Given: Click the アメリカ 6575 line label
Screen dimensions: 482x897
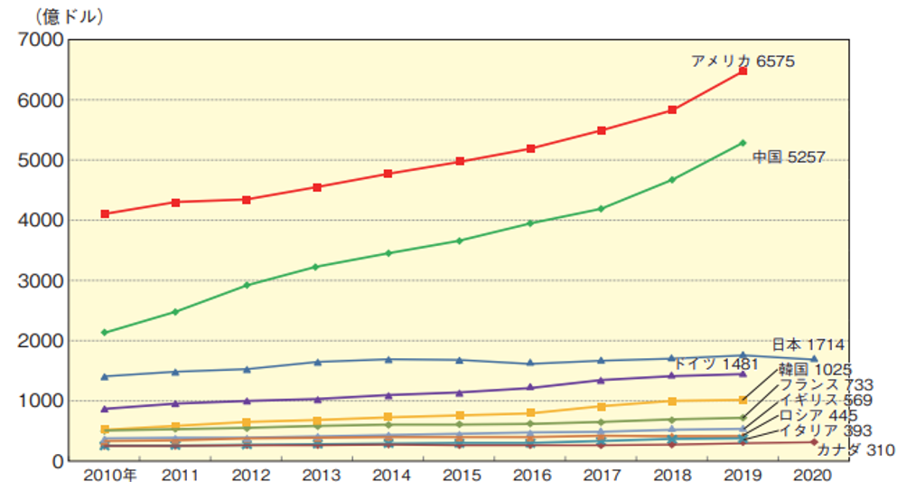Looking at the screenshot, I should point(743,61).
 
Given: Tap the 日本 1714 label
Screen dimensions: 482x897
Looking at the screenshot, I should point(808,345).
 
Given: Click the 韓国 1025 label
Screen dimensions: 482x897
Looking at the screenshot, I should point(816,369).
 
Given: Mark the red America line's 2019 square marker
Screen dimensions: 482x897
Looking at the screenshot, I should point(743,71).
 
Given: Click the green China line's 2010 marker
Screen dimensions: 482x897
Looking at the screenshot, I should point(105,333).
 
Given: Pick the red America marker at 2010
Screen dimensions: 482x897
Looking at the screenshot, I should point(105,214).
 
